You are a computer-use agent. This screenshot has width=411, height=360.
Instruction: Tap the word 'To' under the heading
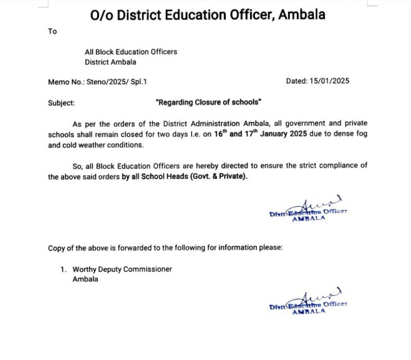pyautogui.click(x=52, y=31)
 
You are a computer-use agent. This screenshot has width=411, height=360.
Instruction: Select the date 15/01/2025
pyautogui.click(x=330, y=81)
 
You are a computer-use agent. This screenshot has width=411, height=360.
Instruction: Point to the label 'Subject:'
pyautogui.click(x=61, y=102)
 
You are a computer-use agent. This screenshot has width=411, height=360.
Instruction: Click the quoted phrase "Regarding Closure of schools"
pyautogui.click(x=208, y=102)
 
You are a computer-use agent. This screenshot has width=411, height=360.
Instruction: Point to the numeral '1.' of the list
pyautogui.click(x=64, y=269)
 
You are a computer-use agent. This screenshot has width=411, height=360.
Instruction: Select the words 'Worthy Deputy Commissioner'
pyautogui.click(x=122, y=269)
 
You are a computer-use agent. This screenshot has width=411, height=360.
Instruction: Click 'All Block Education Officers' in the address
pyautogui.click(x=131, y=52)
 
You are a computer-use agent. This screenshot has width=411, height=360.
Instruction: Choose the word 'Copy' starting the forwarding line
pyautogui.click(x=57, y=248)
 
